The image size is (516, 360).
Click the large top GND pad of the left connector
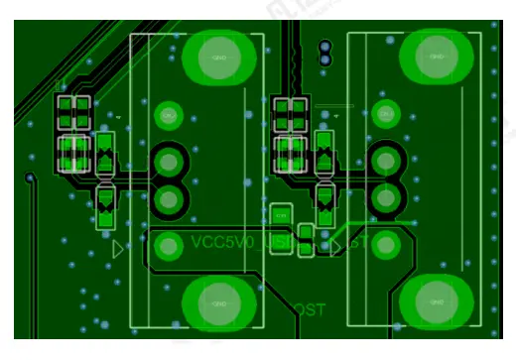219,57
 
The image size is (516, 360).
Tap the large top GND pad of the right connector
436,57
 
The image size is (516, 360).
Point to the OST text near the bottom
310,310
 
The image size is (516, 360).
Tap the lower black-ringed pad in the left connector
170,198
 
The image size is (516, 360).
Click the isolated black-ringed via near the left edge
30,179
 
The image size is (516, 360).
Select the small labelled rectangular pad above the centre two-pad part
280,213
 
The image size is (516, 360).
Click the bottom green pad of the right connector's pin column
386,243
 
